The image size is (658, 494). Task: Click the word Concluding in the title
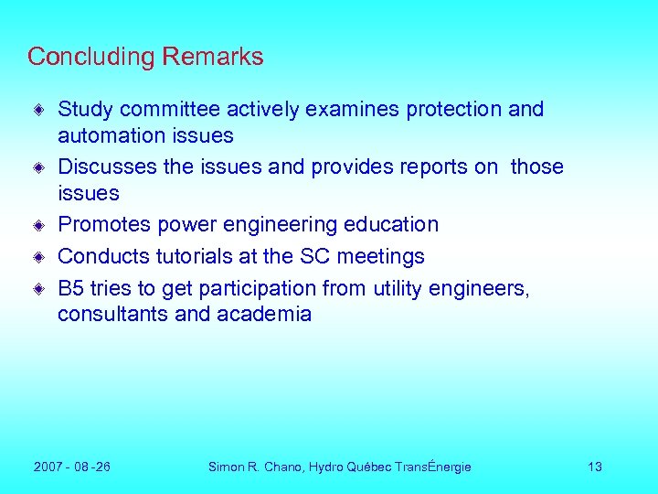pyautogui.click(x=91, y=57)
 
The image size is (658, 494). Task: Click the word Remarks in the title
pyautogui.click(x=213, y=57)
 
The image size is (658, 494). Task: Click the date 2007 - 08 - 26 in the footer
pyautogui.click(x=72, y=467)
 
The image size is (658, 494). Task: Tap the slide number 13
pyautogui.click(x=595, y=467)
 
